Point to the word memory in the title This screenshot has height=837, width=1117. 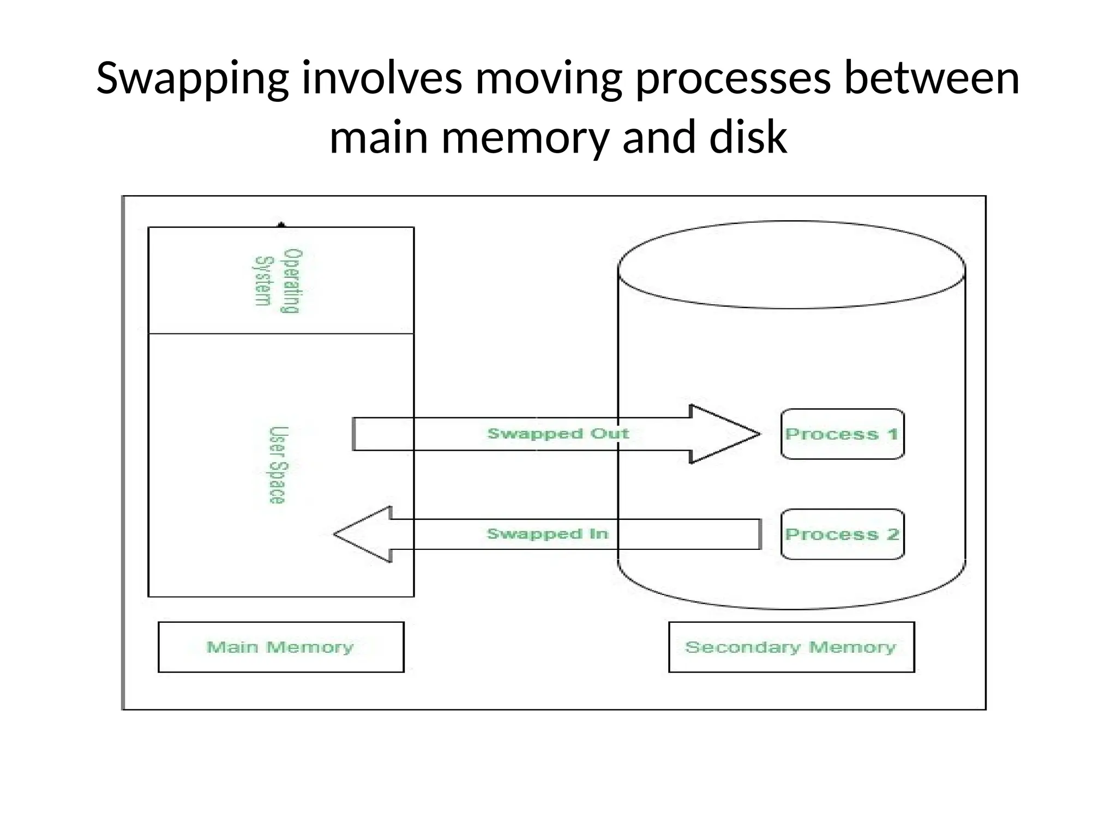(525, 137)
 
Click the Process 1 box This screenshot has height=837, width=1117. (842, 434)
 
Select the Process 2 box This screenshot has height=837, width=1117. (842, 535)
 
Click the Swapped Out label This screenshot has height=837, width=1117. (557, 434)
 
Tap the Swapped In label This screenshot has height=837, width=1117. (547, 534)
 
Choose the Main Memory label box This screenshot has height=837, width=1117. (281, 647)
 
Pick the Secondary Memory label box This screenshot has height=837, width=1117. (791, 647)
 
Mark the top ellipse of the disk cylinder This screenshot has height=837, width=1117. (791, 265)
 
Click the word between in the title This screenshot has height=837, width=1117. (932, 80)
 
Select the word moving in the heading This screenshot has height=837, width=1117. (548, 80)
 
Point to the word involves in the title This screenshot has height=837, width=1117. (382, 80)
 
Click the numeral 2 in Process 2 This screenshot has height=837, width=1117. (892, 535)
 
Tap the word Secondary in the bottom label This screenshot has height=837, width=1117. (742, 647)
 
